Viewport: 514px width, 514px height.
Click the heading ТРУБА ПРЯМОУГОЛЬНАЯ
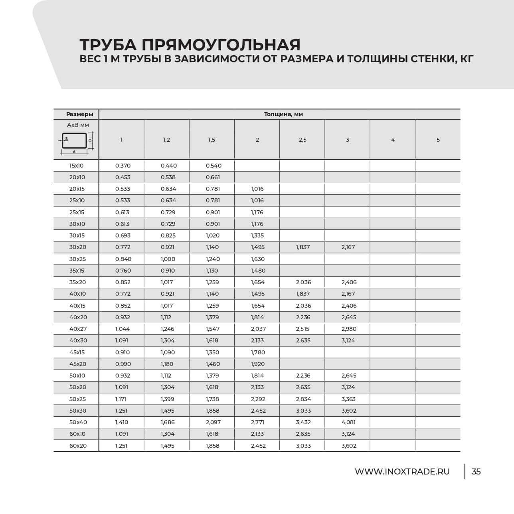(190, 44)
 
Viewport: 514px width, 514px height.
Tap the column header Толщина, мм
(283, 114)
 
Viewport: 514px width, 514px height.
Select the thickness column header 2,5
(302, 140)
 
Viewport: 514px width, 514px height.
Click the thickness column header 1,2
(166, 140)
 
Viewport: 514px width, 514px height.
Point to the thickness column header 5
(438, 140)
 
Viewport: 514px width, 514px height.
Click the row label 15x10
(77, 166)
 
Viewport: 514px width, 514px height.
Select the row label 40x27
(78, 329)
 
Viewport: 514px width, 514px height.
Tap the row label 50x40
(78, 422)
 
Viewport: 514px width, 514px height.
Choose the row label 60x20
(78, 446)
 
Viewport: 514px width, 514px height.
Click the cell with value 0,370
(123, 166)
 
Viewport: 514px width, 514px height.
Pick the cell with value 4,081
(348, 422)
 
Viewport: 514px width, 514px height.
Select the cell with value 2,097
(213, 422)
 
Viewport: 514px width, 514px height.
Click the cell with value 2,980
(349, 329)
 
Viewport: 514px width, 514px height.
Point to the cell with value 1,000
(168, 259)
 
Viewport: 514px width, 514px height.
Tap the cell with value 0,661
(213, 177)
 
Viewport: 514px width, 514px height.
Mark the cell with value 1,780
(258, 352)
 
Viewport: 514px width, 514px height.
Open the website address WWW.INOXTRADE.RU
(402, 472)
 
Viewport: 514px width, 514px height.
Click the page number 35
(476, 472)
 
